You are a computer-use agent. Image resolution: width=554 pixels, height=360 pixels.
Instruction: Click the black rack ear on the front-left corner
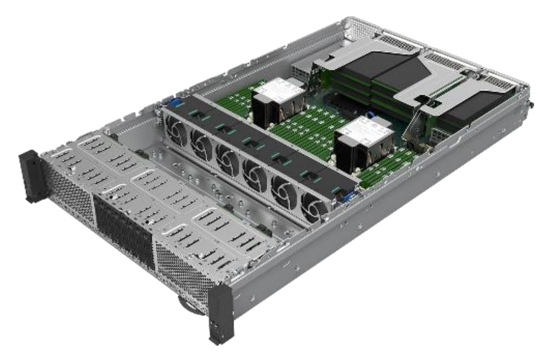30,176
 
